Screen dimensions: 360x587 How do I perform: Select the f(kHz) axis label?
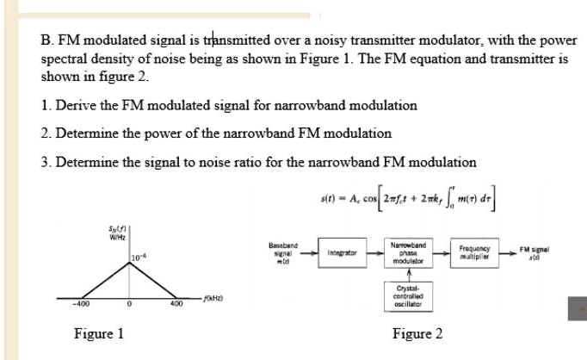212,298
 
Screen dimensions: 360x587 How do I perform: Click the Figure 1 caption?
99,334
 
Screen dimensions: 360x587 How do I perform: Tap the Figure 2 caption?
417,334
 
